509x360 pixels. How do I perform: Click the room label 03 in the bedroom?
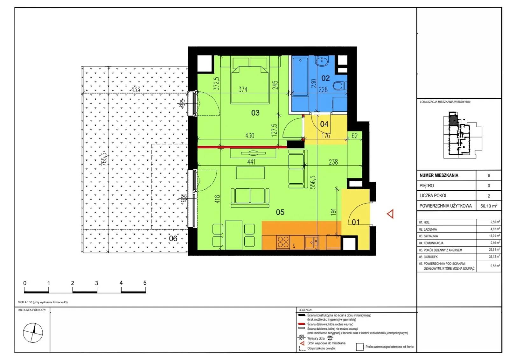point(255,113)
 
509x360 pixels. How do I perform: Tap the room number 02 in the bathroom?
point(325,78)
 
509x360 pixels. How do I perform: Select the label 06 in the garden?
point(173,238)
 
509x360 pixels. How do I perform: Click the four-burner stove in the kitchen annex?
point(283,242)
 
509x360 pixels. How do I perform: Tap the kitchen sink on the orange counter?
point(311,242)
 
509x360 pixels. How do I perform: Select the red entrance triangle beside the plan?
point(390,214)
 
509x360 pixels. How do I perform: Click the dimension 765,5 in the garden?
point(104,159)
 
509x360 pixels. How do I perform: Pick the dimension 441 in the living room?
point(251,162)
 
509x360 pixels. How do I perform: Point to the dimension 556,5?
point(313,182)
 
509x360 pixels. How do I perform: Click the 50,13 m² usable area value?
point(489,206)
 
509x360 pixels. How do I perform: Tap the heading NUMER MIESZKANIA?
point(439,175)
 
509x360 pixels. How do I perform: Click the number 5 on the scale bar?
point(145,283)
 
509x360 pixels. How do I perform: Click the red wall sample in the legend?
point(301,324)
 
